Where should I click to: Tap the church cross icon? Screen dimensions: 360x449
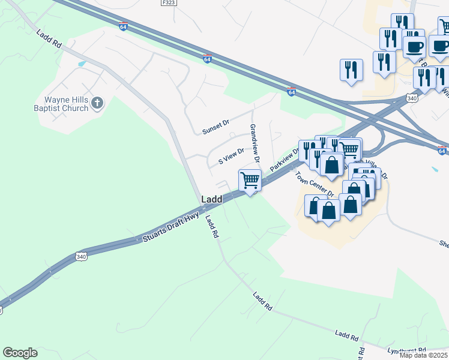pos(98,104)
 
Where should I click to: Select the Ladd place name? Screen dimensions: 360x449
pos(211,199)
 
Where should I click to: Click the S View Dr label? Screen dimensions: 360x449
pos(231,157)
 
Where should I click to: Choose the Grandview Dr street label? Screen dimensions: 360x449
pos(254,143)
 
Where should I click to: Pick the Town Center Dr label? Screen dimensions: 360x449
pos(315,184)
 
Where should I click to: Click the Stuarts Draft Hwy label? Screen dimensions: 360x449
pos(170,230)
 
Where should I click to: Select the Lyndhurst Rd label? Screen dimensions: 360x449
pos(407,350)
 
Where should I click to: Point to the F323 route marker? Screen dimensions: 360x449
pos(169,3)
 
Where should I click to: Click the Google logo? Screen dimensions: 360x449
pos(20,353)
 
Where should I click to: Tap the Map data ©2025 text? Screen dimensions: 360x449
pos(424,355)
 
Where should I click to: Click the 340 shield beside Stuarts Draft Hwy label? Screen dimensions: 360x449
pos(81,257)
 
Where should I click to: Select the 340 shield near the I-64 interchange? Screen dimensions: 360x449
pos(411,98)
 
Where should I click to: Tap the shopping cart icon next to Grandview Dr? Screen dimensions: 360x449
pos(250,179)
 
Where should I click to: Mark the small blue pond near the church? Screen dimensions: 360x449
pos(82,63)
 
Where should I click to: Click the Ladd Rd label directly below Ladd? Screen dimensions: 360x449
pos(212,227)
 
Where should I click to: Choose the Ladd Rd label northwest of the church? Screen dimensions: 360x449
pos(49,40)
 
